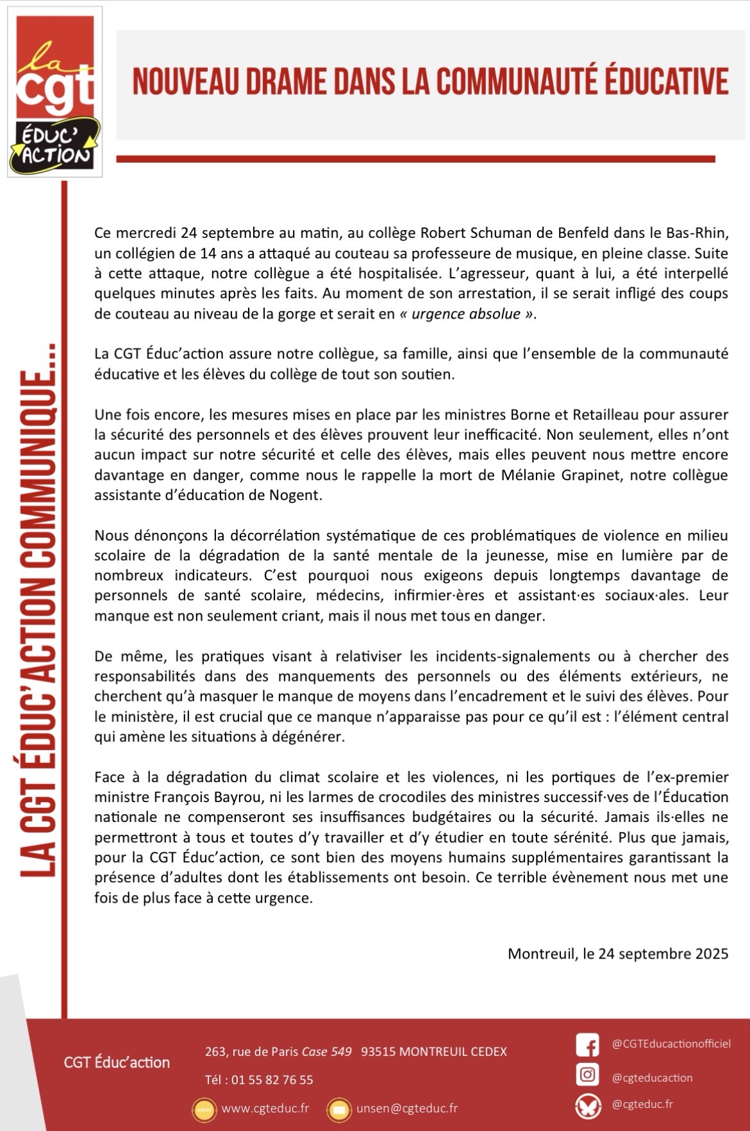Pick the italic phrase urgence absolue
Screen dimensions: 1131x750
click(465, 314)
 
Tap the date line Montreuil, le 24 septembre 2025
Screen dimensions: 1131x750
click(617, 953)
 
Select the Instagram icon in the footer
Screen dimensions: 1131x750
click(587, 1075)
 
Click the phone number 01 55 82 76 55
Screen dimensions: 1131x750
click(272, 1080)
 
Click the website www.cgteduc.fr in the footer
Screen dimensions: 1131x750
click(265, 1109)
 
